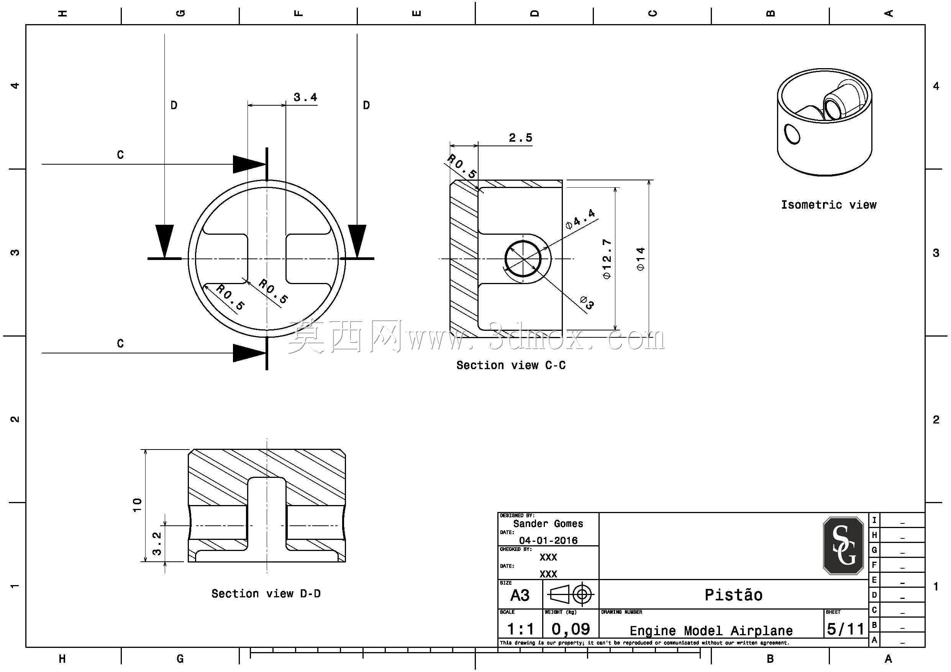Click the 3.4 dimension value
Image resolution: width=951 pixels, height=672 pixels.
pos(305,97)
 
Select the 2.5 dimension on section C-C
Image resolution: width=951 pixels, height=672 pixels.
pos(521,137)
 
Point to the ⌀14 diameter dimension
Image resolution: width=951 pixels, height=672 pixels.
pos(641,259)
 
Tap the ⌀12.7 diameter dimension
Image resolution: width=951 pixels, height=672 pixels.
pos(607,259)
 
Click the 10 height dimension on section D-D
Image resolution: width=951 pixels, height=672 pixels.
pos(137,505)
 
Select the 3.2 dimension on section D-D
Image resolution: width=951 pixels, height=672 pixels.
pos(157,543)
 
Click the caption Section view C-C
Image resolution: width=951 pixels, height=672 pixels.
pos(511,365)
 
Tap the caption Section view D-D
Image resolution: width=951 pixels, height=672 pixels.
pos(266,594)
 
